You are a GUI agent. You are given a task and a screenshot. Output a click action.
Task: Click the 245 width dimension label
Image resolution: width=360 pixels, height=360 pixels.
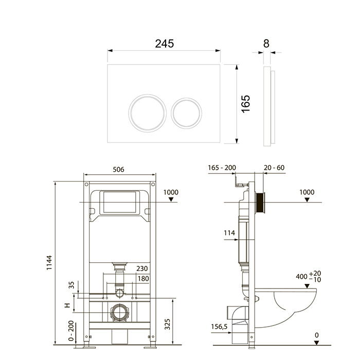(165, 44)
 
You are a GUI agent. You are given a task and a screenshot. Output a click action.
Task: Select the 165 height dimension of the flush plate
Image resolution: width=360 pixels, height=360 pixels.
(245, 104)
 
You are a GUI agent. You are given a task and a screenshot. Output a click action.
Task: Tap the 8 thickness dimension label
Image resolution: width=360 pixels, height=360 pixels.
(266, 44)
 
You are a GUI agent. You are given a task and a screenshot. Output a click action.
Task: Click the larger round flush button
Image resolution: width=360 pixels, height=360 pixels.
(148, 113)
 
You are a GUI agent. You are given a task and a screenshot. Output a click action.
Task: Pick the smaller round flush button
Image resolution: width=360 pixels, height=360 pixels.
(186, 113)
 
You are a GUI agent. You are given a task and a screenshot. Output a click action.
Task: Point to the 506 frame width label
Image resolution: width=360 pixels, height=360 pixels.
(118, 169)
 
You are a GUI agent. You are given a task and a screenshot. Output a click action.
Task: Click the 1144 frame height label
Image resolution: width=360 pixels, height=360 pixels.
(49, 263)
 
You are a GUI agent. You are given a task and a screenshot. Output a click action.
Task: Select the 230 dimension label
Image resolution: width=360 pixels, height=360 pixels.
(142, 268)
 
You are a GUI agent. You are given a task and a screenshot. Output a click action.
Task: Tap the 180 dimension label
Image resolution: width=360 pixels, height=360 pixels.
(143, 279)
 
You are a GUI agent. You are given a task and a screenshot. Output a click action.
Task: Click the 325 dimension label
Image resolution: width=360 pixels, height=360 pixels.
(167, 324)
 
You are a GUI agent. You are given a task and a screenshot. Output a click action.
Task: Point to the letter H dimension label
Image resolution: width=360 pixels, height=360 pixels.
(67, 305)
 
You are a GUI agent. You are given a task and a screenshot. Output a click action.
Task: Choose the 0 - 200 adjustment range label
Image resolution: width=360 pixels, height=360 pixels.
(71, 331)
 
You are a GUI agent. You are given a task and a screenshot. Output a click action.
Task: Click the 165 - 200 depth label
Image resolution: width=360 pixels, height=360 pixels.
(222, 168)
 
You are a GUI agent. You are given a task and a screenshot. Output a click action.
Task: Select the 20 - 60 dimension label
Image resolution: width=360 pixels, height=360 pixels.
(274, 168)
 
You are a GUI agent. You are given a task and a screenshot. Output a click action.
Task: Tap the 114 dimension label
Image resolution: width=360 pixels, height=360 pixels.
(229, 233)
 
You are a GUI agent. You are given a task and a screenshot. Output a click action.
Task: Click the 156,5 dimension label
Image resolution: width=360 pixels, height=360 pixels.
(219, 327)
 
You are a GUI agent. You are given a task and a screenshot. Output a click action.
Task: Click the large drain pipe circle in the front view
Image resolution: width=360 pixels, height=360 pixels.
(120, 312)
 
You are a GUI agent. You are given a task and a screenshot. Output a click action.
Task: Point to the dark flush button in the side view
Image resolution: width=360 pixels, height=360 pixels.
(261, 203)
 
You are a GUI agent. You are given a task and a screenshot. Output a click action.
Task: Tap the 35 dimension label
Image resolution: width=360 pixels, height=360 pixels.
(71, 285)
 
